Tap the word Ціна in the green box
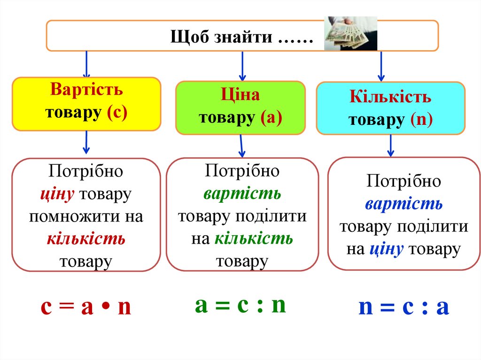240,95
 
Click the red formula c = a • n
85,307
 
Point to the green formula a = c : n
240,305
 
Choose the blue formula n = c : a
404,307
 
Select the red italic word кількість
86,239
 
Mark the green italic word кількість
254,239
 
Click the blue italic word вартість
403,204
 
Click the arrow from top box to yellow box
86,64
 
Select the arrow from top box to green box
242,66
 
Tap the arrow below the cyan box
390,146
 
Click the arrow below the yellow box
86,142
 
